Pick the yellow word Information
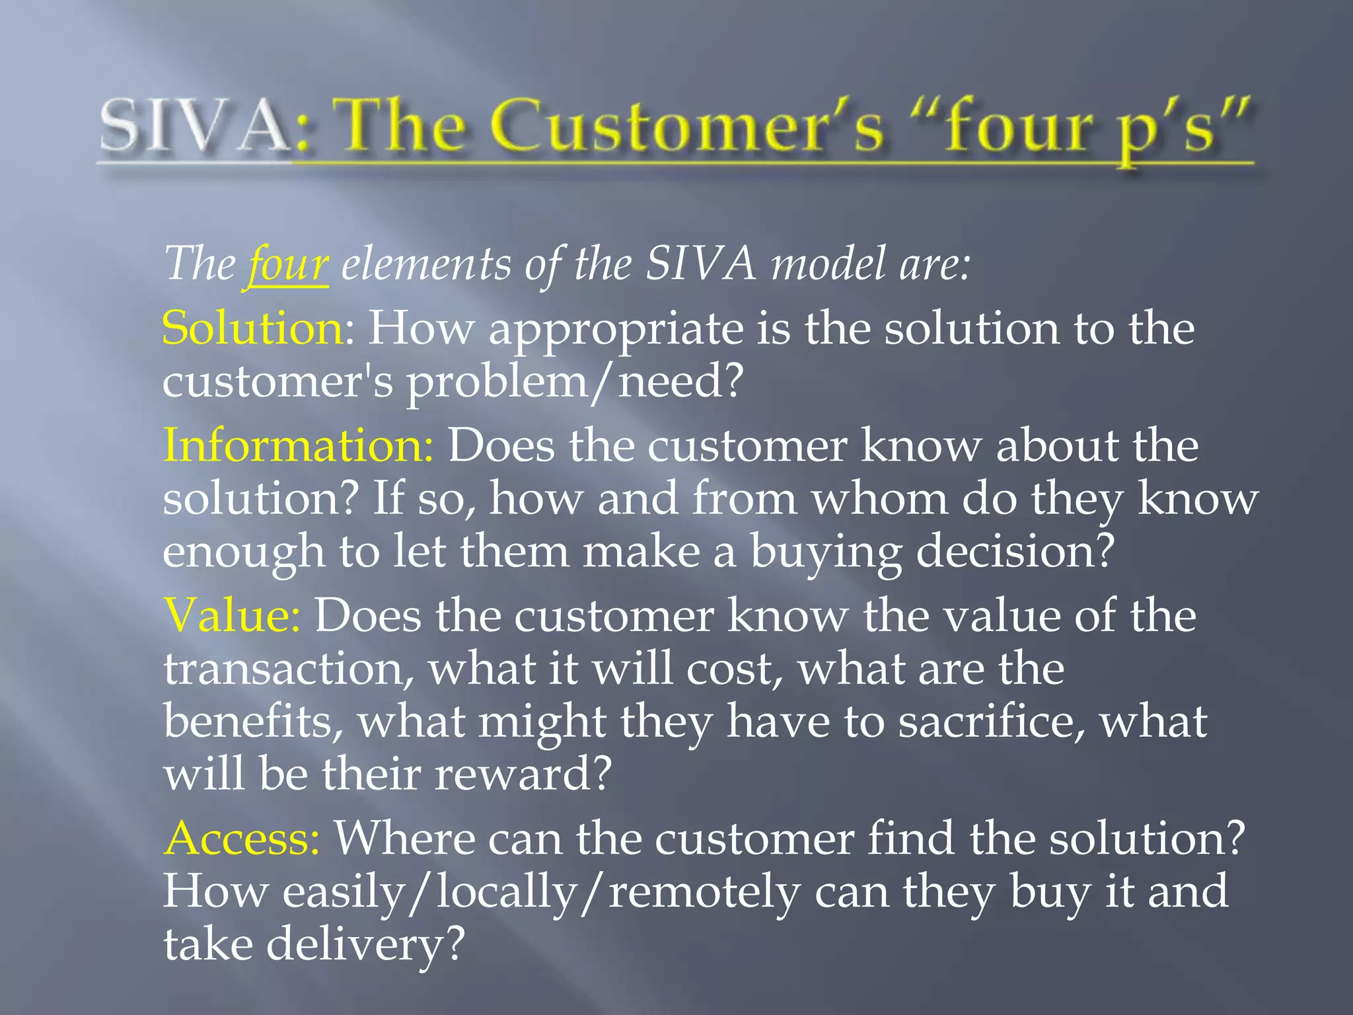(x=297, y=445)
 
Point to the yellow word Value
(x=231, y=616)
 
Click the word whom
(x=879, y=499)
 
